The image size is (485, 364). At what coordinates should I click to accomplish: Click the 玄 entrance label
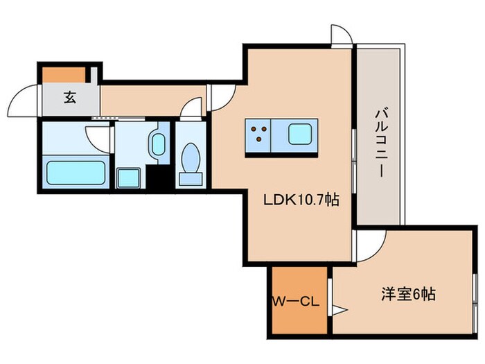[69, 98]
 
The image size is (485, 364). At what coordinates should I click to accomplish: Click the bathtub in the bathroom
[76, 171]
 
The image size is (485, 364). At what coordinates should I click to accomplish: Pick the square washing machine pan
[128, 178]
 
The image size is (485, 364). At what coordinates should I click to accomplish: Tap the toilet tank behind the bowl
[191, 179]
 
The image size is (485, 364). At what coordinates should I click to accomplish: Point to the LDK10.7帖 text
[300, 200]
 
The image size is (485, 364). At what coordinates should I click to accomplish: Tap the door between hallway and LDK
[223, 97]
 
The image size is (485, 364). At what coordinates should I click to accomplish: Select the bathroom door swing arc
[98, 137]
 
